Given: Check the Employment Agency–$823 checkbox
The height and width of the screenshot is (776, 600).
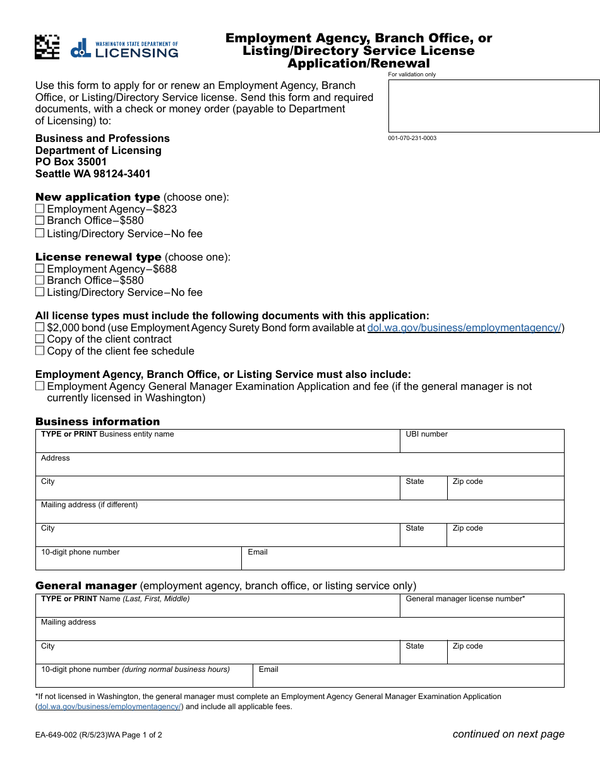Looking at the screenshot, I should click(x=40, y=209).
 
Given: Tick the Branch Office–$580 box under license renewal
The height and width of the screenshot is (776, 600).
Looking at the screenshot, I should click(x=40, y=280).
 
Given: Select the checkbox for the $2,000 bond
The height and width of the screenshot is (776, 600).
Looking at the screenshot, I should click(x=40, y=327).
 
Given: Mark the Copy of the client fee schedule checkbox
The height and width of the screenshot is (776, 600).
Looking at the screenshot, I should click(x=40, y=351).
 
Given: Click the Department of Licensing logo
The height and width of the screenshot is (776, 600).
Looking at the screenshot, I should click(x=124, y=48).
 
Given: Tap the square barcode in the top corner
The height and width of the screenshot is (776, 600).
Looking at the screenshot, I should click(x=47, y=47).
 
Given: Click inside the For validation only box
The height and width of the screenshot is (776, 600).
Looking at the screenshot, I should click(x=493, y=106).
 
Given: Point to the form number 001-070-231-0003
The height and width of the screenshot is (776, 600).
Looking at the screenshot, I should click(x=412, y=138).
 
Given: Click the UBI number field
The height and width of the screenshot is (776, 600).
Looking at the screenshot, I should click(x=482, y=444).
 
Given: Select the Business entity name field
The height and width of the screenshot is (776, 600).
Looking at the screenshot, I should click(x=217, y=444).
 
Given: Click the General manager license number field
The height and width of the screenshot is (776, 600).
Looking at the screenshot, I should click(x=482, y=609).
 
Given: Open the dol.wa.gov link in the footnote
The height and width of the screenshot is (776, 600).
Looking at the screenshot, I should click(x=110, y=707).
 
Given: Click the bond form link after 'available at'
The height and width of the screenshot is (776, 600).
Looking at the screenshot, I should click(x=464, y=327).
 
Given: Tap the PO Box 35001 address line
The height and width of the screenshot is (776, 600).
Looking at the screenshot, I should click(x=71, y=162).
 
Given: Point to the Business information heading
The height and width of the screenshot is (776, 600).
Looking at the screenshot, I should click(x=97, y=421).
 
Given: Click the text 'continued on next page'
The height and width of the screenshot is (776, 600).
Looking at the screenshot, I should click(x=508, y=734).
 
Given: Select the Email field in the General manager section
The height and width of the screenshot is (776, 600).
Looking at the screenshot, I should click(x=409, y=679).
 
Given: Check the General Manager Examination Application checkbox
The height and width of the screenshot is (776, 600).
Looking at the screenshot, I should click(x=40, y=386).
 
